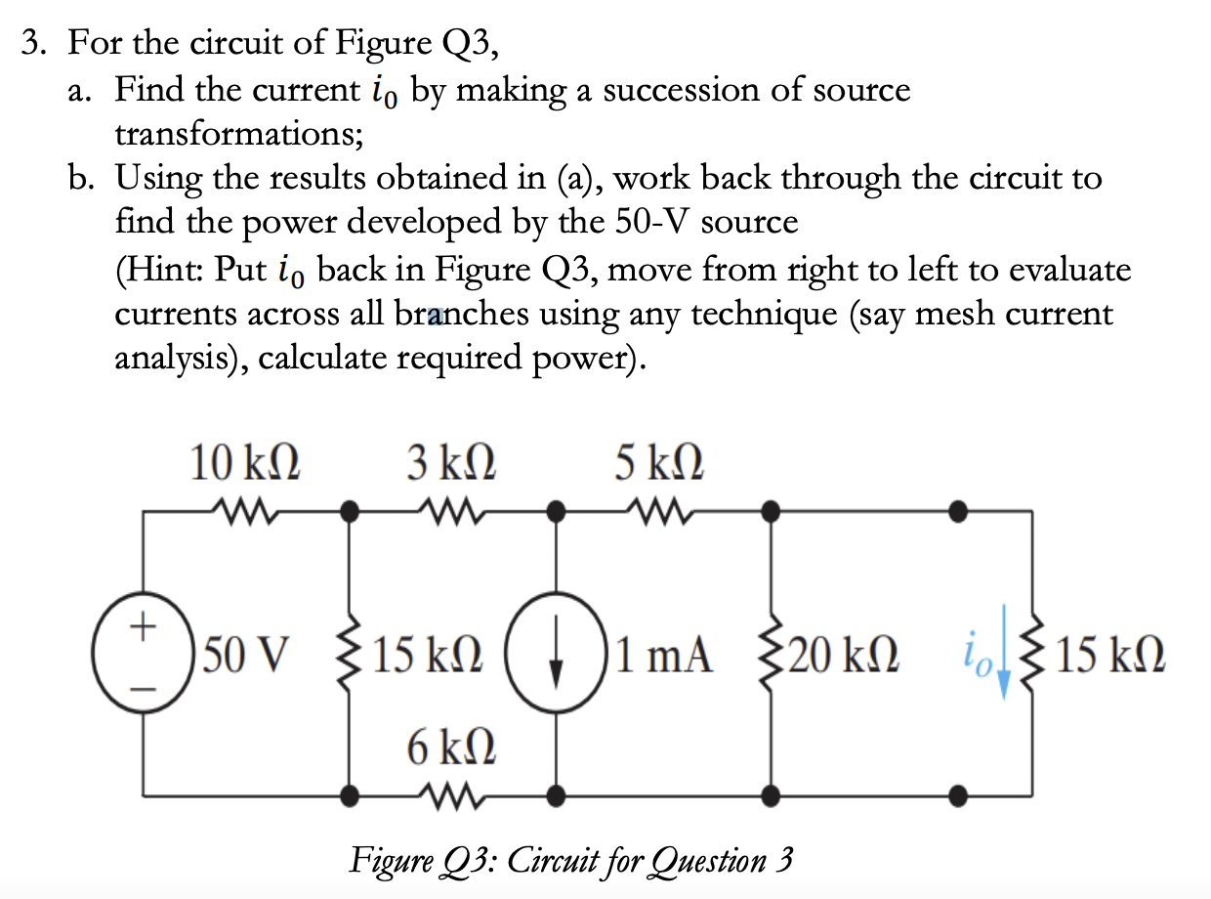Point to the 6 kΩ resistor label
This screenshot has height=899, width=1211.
(x=451, y=749)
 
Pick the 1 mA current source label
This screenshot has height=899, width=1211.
(x=665, y=654)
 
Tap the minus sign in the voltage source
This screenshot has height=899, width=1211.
(x=144, y=688)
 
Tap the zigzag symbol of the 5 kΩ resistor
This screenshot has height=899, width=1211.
(x=659, y=509)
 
